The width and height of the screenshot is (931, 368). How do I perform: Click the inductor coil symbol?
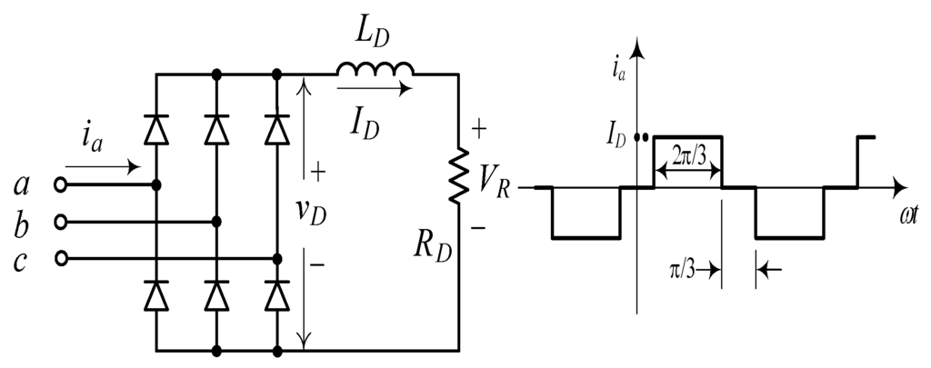tap(375, 70)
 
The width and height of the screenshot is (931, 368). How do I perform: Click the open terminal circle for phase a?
tap(61, 184)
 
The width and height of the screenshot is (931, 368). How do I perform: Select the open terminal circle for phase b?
tap(61, 222)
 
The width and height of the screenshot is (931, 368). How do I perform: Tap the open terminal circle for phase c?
tap(61, 259)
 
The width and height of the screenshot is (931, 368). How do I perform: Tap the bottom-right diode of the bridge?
tap(276, 294)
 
